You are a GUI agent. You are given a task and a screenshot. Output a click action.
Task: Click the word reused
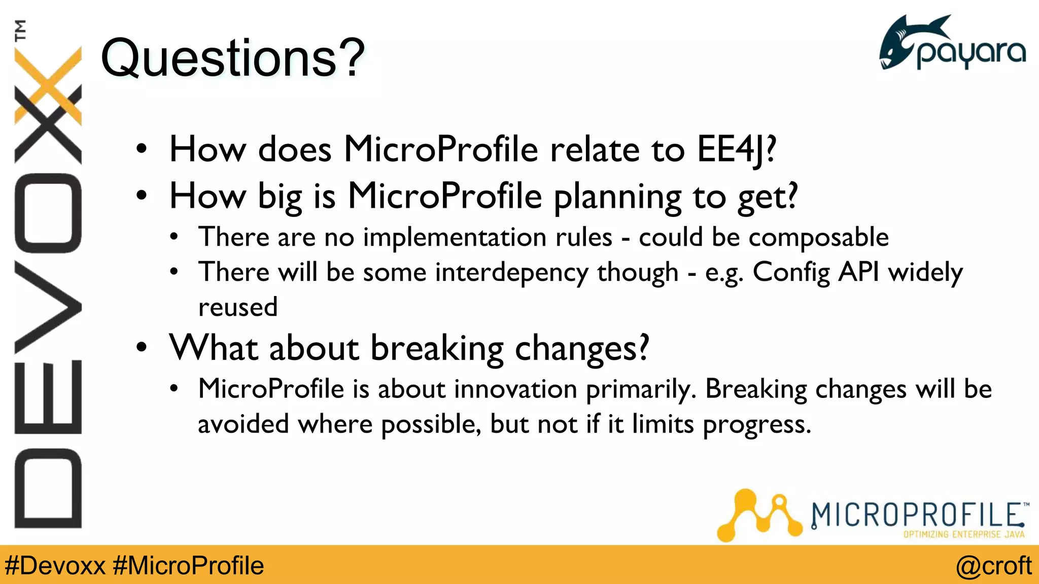237,307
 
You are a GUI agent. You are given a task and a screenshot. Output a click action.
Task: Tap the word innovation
515,389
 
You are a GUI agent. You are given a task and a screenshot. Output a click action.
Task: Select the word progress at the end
756,424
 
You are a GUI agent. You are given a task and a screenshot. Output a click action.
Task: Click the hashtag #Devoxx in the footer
55,565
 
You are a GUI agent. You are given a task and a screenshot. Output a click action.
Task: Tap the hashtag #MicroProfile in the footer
188,565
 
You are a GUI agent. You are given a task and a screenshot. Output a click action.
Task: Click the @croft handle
993,565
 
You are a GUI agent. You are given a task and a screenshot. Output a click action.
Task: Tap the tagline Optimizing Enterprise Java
963,534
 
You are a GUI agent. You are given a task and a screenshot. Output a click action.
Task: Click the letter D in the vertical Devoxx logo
48,488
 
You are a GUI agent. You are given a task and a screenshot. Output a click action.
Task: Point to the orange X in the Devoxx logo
48,86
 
